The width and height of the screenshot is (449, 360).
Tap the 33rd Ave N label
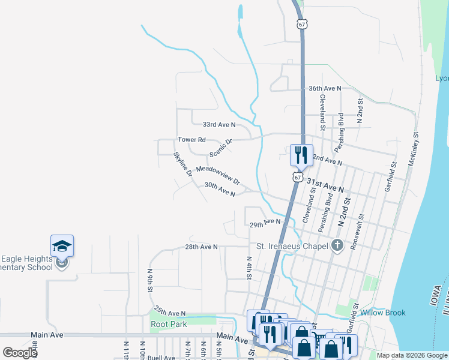[x=218, y=125]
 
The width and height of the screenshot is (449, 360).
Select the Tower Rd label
[x=191, y=140]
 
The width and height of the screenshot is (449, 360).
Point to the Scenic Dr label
[x=220, y=148]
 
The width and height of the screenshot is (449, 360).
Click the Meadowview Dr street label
[x=218, y=176]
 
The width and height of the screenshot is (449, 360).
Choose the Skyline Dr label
[x=182, y=164]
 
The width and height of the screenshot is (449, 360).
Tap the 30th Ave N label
[x=220, y=190]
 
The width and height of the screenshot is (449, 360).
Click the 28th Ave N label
[x=201, y=247]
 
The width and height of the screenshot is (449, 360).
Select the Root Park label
[x=169, y=325]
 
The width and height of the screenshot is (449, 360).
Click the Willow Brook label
[x=383, y=313]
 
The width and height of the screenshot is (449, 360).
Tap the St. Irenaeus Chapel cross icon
[x=337, y=245]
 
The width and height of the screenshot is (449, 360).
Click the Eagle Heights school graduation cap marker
[x=62, y=246]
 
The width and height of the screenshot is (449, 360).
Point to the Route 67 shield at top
[x=301, y=24]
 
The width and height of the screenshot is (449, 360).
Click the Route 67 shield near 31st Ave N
[x=298, y=177]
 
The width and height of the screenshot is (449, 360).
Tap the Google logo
[x=20, y=352]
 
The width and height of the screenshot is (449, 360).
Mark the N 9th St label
[x=150, y=280]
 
